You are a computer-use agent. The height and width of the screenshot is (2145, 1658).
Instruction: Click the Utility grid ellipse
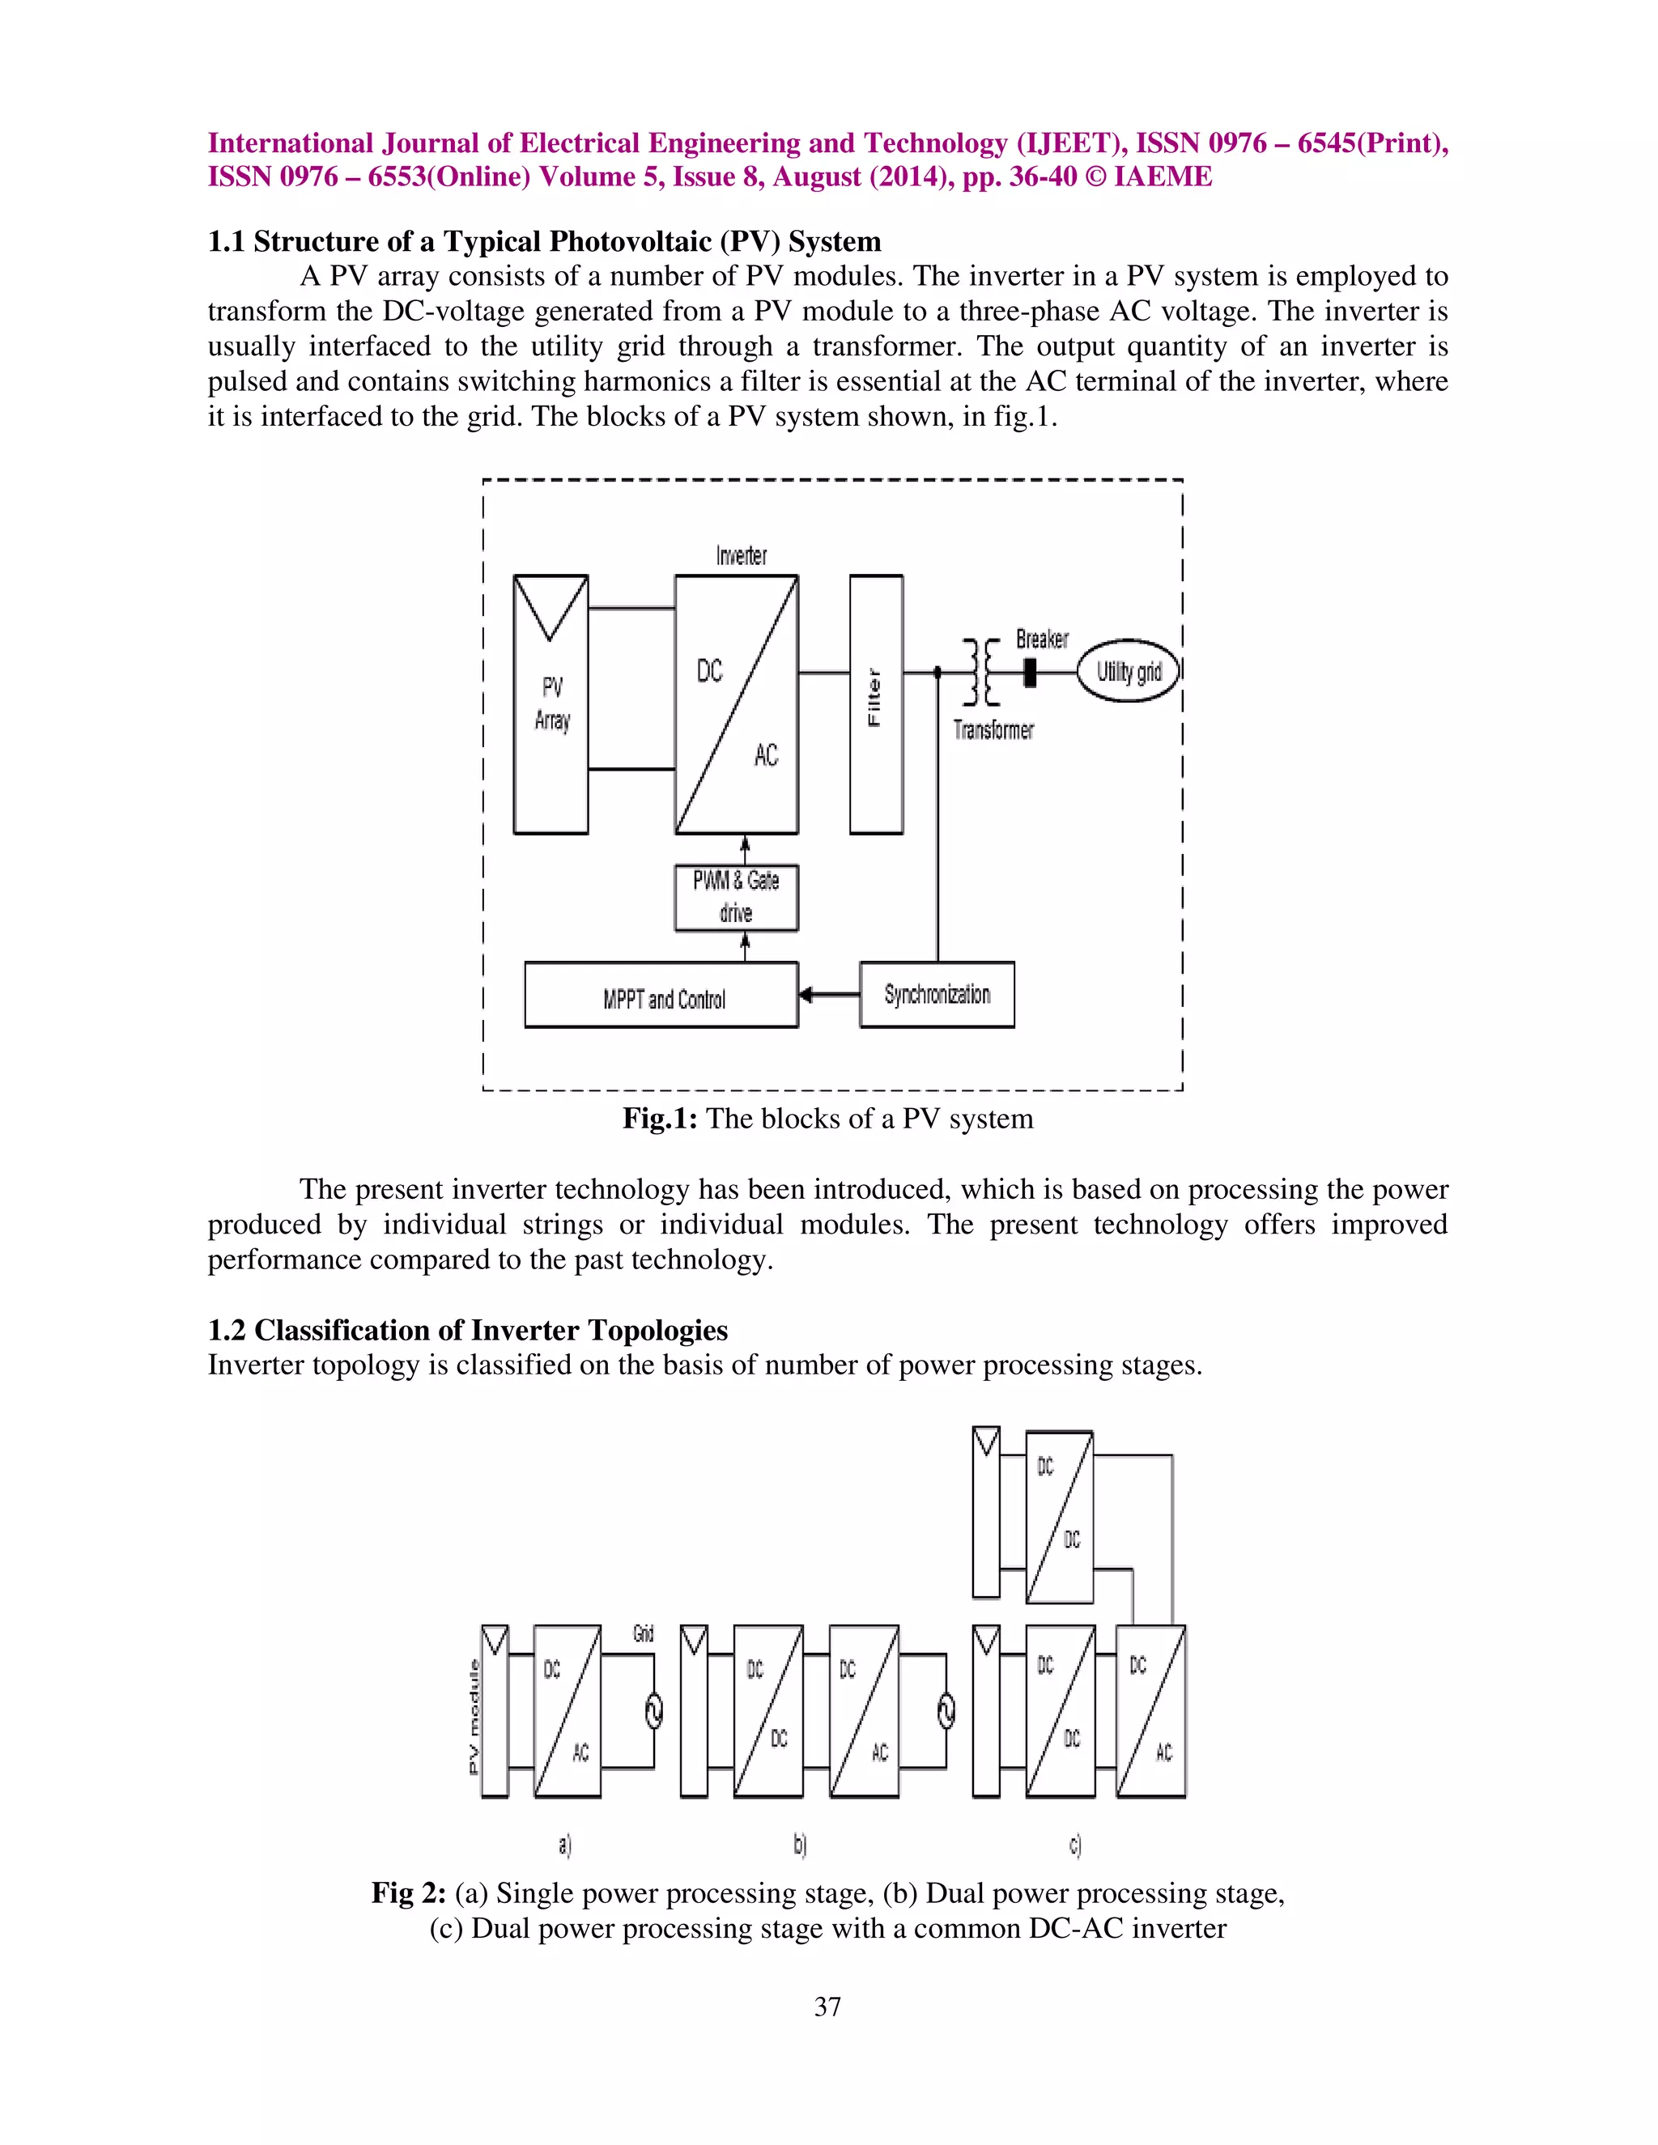pyautogui.click(x=1129, y=672)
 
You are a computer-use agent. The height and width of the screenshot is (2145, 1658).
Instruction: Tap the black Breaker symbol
pyautogui.click(x=1030, y=672)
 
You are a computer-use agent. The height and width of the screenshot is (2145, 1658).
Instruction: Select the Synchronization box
pyautogui.click(x=937, y=994)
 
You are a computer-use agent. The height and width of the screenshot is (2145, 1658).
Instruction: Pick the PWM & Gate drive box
pyautogui.click(x=736, y=897)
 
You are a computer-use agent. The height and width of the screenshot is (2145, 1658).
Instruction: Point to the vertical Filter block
pyautogui.click(x=875, y=703)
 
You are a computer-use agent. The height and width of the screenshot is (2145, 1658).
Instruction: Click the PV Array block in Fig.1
pyautogui.click(x=551, y=703)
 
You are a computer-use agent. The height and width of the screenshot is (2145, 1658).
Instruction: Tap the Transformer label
pyautogui.click(x=993, y=730)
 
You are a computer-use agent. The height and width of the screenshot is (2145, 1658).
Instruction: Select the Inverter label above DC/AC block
pyautogui.click(x=741, y=556)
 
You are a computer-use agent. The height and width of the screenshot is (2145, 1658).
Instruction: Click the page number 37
pyautogui.click(x=827, y=2007)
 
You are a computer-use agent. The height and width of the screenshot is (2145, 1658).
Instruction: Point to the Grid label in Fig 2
pyautogui.click(x=644, y=1633)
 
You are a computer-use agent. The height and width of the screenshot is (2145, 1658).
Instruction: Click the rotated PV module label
pyautogui.click(x=474, y=1716)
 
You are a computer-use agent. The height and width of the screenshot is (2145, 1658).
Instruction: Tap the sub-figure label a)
pyautogui.click(x=565, y=1845)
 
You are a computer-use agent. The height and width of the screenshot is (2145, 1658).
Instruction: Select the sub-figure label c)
pyautogui.click(x=1076, y=1845)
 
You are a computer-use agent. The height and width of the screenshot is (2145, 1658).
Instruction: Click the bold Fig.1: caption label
pyautogui.click(x=659, y=1119)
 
